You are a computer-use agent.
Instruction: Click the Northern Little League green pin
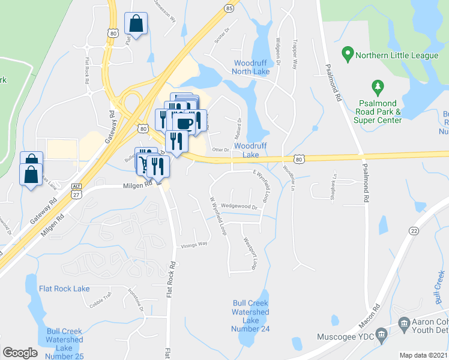pyautogui.click(x=347, y=55)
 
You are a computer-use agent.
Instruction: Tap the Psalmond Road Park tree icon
pyautogui.click(x=377, y=88)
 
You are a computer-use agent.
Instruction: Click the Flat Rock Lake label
pyautogui.click(x=64, y=289)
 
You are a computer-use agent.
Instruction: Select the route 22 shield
pyautogui.click(x=414, y=231)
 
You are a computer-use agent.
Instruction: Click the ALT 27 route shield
pyautogui.click(x=76, y=190)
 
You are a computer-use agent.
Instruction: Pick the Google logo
pyautogui.click(x=20, y=353)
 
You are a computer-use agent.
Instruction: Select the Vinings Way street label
pyautogui.click(x=194, y=244)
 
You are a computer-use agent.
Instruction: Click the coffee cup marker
pyautogui.click(x=184, y=124)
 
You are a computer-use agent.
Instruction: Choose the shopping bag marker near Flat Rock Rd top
pyautogui.click(x=136, y=25)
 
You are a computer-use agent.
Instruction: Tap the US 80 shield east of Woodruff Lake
pyautogui.click(x=299, y=159)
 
